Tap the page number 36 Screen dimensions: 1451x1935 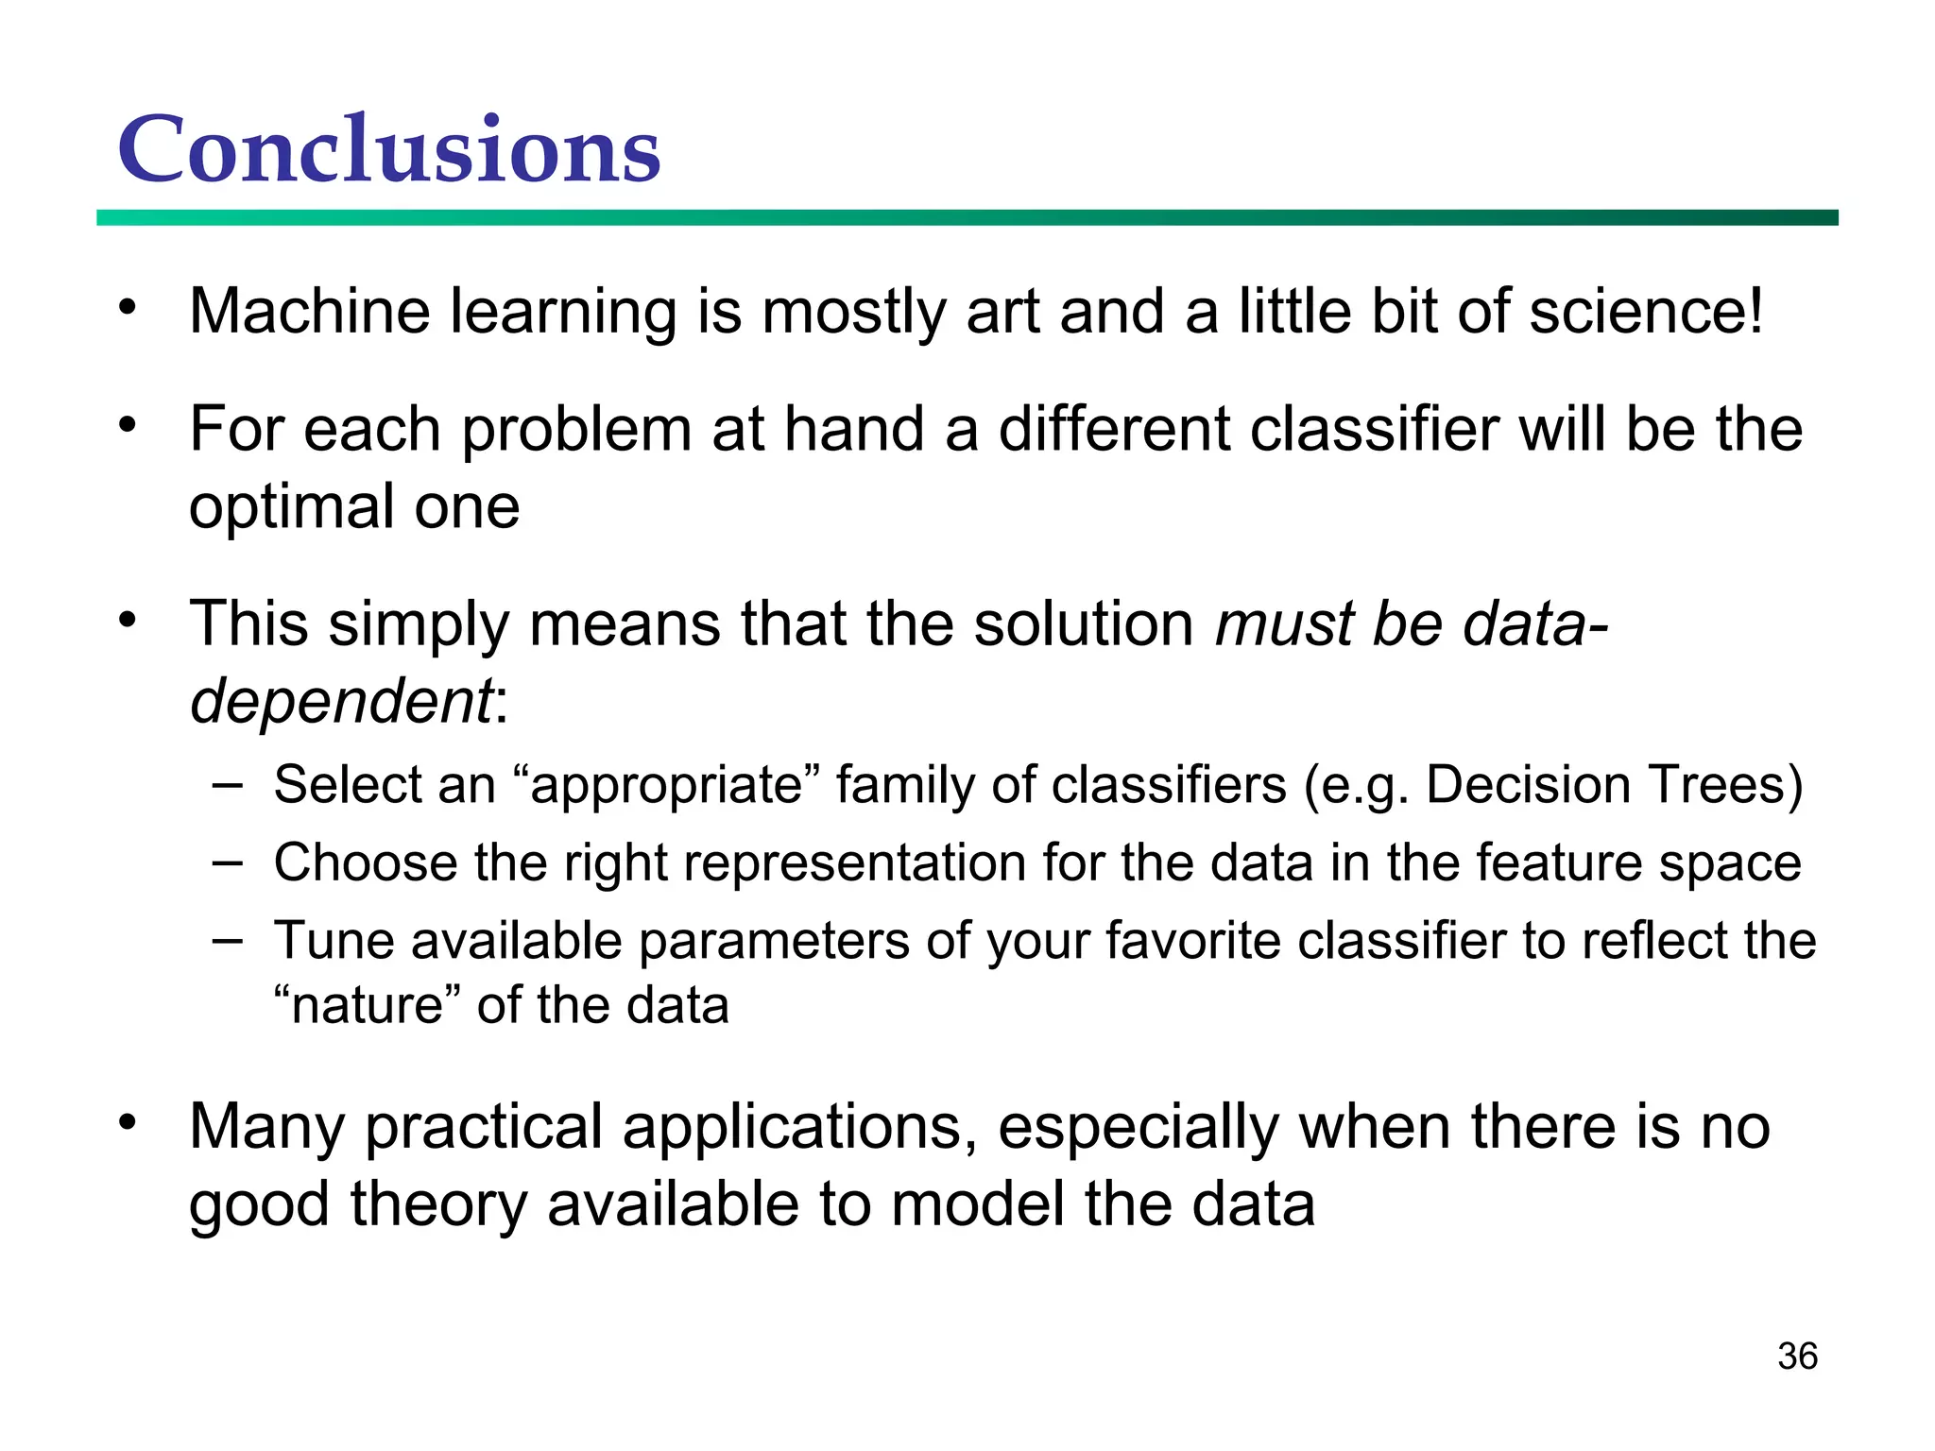1797,1356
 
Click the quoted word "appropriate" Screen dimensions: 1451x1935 667,785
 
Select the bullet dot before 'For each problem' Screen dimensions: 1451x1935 128,425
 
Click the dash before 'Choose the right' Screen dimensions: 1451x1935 227,861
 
